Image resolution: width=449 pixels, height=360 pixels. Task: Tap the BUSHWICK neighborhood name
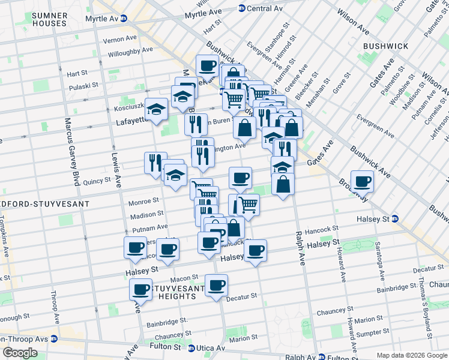tap(385, 46)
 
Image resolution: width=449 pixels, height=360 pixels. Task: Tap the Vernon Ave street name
tap(119, 39)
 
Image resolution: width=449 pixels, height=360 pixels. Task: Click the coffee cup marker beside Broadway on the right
tap(362, 181)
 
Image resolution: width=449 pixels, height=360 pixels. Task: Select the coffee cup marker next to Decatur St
tap(216, 285)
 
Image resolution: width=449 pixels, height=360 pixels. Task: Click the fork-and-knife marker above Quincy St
tap(154, 163)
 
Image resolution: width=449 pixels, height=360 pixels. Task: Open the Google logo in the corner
tap(20, 353)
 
